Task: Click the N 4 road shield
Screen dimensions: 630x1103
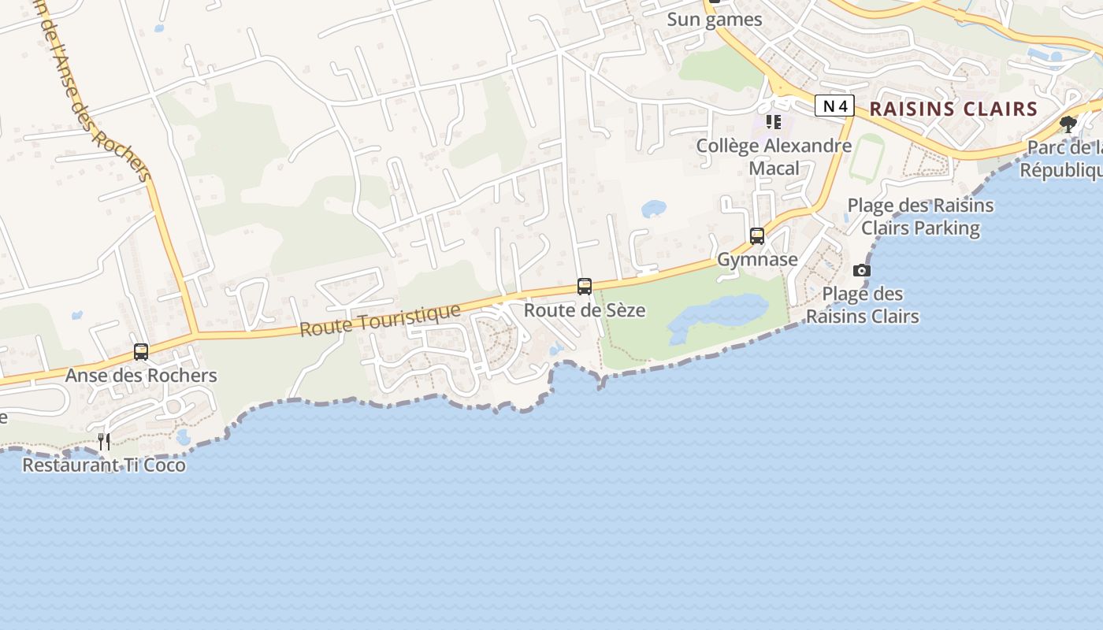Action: coord(834,106)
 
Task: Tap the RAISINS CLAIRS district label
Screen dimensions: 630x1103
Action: coord(953,109)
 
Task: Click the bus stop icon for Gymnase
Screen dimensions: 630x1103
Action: coord(757,235)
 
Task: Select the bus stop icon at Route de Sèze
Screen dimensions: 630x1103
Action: coord(585,287)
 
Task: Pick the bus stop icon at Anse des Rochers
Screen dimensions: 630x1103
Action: coord(141,352)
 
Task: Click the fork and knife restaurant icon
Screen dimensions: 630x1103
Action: coord(104,441)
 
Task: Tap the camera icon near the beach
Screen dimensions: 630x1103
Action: coord(862,271)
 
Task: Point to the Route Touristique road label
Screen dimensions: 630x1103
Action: coord(380,320)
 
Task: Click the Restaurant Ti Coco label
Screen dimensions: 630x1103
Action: coord(104,465)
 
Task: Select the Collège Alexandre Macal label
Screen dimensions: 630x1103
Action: coord(774,157)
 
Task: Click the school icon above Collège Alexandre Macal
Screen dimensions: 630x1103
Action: coord(774,122)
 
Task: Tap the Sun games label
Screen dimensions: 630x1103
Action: coord(715,20)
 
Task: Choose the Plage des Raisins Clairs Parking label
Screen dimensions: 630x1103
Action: coord(920,217)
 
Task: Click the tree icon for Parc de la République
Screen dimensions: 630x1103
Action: coord(1068,124)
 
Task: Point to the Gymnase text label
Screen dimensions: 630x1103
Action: coord(757,259)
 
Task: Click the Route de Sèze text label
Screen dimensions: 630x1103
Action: coord(585,310)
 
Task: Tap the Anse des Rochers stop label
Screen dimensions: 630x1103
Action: coord(141,376)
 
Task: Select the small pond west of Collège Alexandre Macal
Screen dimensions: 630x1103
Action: coord(654,209)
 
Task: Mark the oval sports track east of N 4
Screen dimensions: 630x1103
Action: coord(866,157)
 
